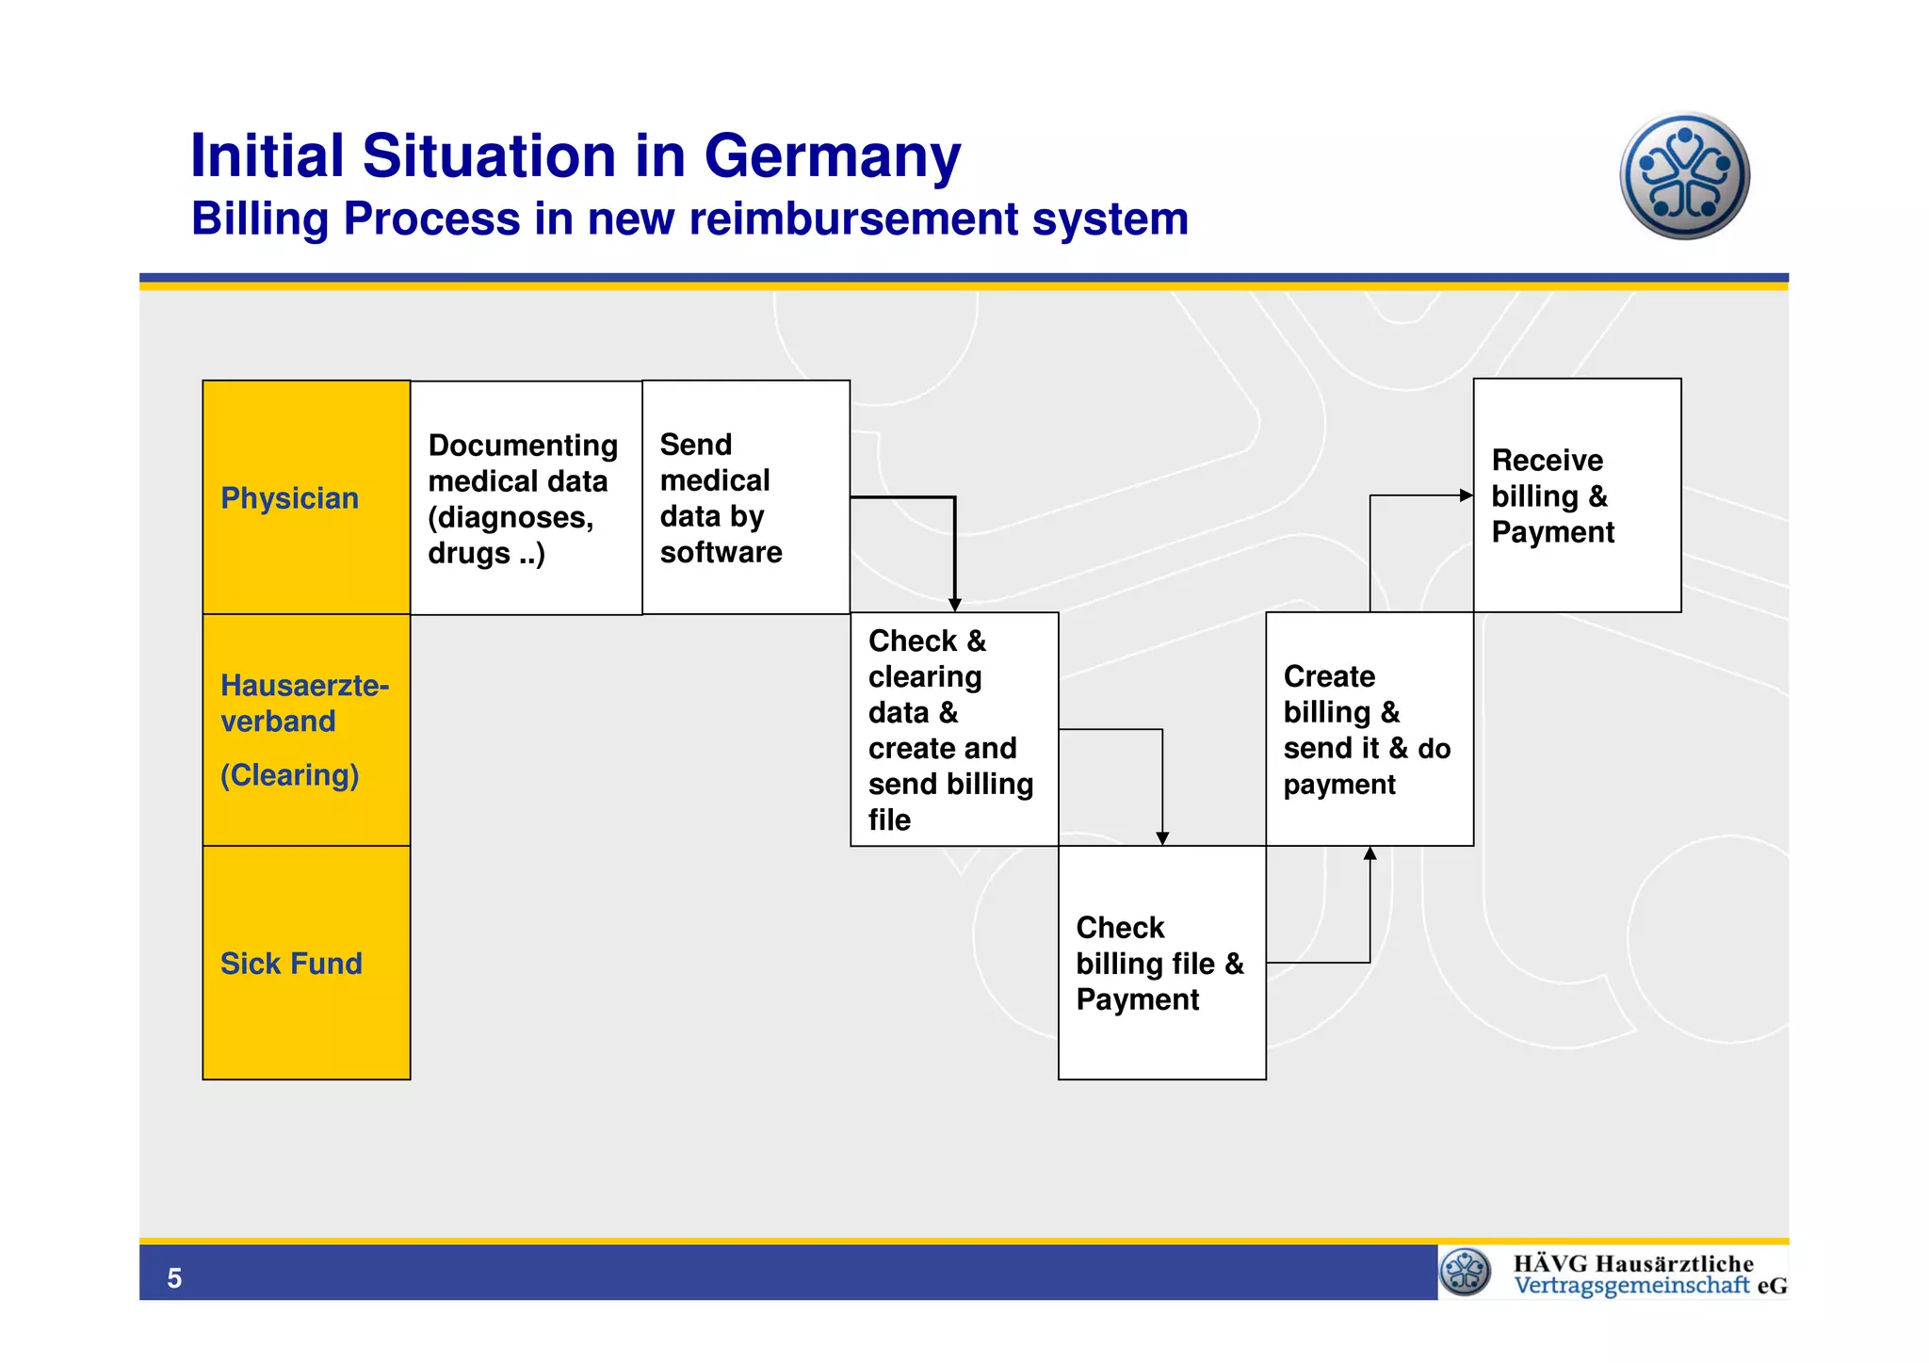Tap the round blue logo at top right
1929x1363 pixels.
(x=1684, y=176)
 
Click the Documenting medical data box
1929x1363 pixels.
(x=526, y=497)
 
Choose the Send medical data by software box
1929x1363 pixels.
(x=745, y=497)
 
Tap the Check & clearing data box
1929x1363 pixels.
(x=953, y=729)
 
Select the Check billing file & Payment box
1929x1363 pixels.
(x=1161, y=963)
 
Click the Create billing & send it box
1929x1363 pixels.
(x=1369, y=729)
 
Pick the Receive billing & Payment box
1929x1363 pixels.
(x=1577, y=495)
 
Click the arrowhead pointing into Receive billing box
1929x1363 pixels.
(x=1467, y=495)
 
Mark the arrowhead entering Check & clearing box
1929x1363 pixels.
(x=955, y=606)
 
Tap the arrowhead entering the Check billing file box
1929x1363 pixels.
(x=1162, y=838)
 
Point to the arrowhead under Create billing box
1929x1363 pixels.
(x=1370, y=853)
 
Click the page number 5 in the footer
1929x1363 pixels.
(x=174, y=1278)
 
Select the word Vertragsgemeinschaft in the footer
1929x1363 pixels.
(x=1631, y=1286)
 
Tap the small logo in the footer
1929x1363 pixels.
(x=1466, y=1272)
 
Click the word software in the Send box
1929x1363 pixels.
(x=721, y=552)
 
